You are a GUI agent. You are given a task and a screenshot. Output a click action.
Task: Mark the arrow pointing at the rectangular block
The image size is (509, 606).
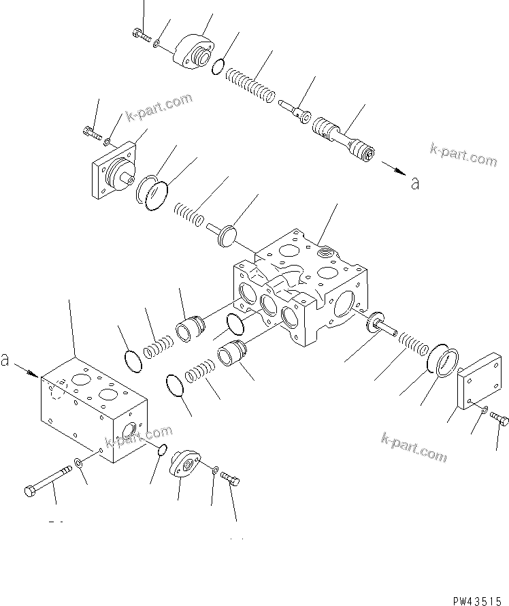[x=27, y=370]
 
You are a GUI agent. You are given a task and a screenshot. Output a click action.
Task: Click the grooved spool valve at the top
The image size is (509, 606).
[x=343, y=139]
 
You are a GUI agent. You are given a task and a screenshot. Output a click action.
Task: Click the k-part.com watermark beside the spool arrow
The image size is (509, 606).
[x=463, y=155]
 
